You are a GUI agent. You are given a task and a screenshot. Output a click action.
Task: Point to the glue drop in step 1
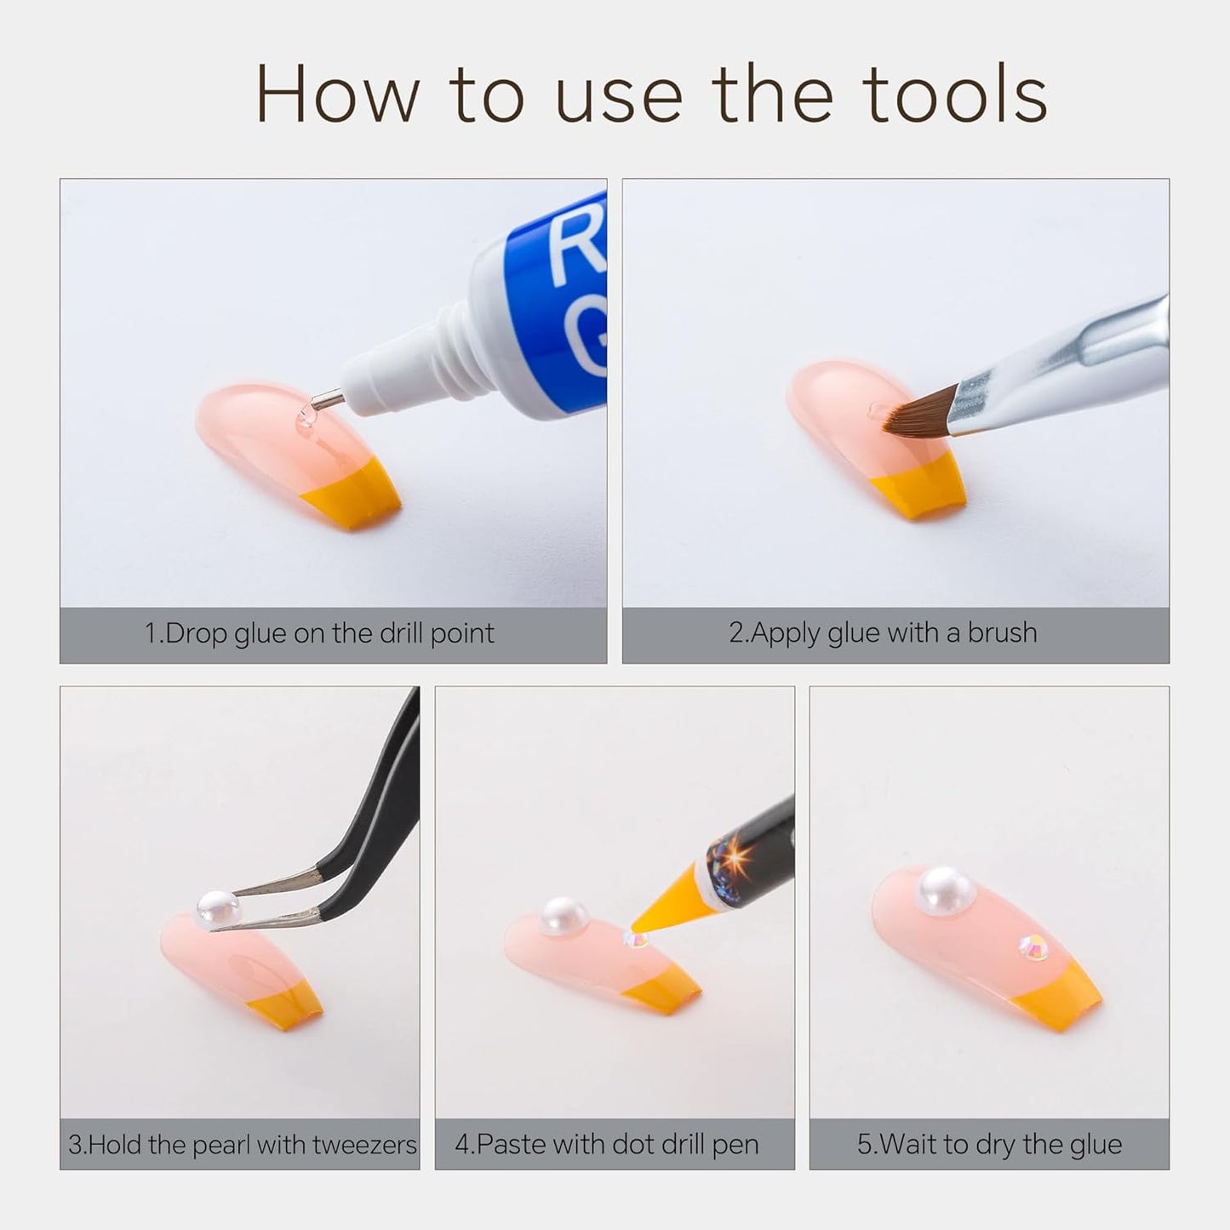[x=306, y=417]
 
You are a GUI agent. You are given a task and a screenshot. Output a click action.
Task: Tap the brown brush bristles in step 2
[x=918, y=413]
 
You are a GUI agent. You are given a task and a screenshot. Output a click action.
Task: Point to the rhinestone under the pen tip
[x=635, y=938]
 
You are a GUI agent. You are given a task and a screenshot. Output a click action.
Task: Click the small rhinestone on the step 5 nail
[x=1033, y=946]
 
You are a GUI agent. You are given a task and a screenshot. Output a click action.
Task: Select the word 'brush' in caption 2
[x=1002, y=632]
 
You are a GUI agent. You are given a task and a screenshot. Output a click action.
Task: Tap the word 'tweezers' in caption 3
[x=365, y=1145]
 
